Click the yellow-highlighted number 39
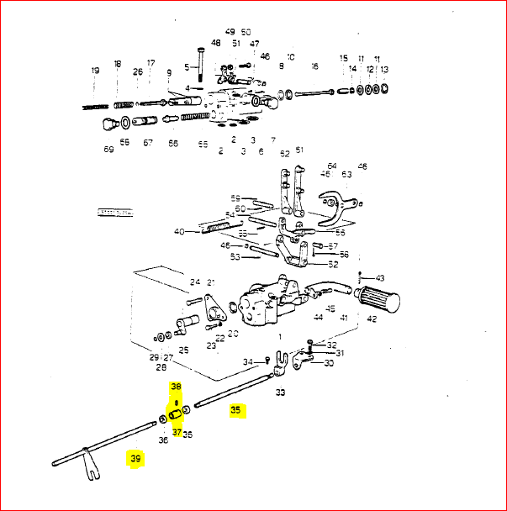135,458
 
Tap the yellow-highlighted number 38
176,387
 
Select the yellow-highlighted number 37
177,432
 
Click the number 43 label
380,277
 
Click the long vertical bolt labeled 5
200,63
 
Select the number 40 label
178,231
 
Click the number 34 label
248,362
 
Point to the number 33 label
280,392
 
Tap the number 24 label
194,282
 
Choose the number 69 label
108,150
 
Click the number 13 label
384,69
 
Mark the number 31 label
340,353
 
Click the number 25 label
183,349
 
